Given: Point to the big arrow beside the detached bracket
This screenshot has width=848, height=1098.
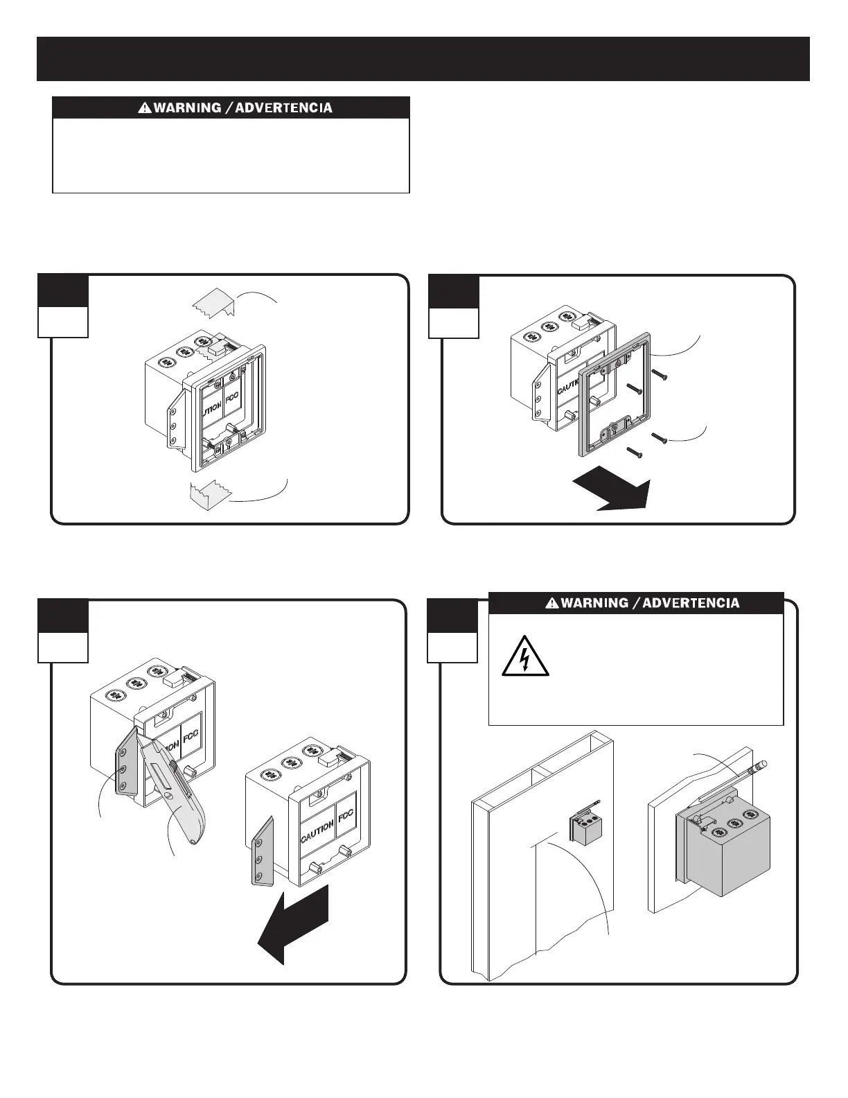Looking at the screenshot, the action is tap(294, 925).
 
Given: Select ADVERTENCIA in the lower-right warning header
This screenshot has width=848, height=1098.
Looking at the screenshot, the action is tap(691, 603).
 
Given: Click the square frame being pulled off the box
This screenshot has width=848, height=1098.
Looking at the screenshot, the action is tap(613, 392).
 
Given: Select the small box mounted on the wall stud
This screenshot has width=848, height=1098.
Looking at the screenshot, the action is tap(586, 826).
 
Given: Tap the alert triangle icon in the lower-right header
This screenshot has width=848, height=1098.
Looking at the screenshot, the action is tap(552, 603).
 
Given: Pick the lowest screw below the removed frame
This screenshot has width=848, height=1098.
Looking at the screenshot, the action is tap(635, 453).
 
